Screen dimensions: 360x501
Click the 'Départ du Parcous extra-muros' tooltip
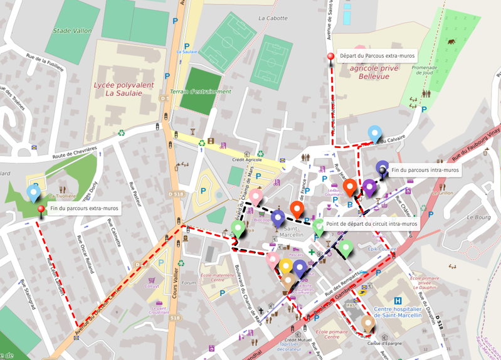(x=377, y=56)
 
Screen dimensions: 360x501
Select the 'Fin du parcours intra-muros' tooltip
(x=425, y=170)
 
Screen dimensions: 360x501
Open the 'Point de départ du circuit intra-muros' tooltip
(x=372, y=224)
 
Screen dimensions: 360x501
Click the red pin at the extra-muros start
(x=330, y=57)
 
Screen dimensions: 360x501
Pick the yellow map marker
(x=286, y=266)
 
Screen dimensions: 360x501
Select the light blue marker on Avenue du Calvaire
(x=374, y=132)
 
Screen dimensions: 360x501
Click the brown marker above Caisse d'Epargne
(x=368, y=323)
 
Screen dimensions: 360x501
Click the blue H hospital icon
(x=398, y=301)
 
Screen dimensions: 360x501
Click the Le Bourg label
(x=478, y=217)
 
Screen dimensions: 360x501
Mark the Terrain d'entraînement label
(x=201, y=92)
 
